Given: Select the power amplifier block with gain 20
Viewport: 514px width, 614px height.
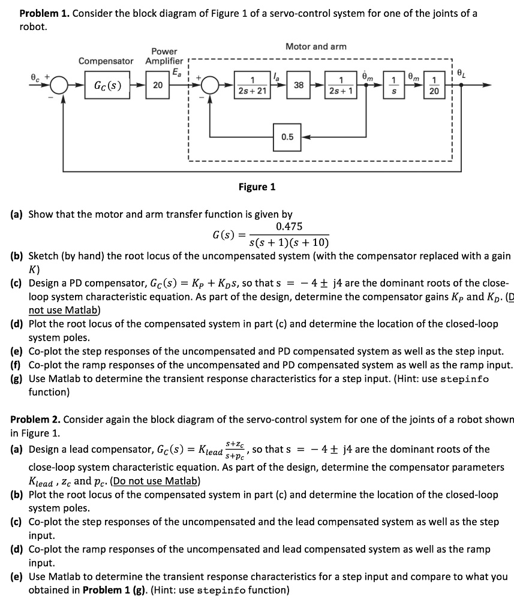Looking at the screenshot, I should coord(157,85).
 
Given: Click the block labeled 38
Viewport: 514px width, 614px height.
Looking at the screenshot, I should coord(299,85).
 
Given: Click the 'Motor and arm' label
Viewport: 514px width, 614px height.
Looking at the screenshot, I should coord(316,46).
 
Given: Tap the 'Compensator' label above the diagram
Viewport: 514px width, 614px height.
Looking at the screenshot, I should coord(106,61).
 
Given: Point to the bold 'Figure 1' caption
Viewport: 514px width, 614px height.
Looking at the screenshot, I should coord(257,187).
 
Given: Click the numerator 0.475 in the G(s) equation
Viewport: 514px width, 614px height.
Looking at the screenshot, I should coord(289,226).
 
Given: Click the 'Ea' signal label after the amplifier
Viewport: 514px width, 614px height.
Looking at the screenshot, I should coord(176,73).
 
